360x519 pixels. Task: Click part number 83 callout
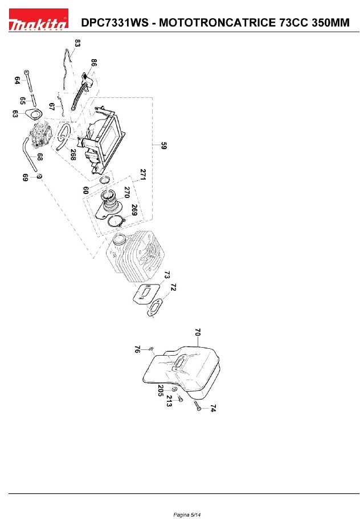[77, 43]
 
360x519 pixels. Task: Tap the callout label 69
[25, 178]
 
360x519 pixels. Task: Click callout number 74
[213, 409]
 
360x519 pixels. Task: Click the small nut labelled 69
[39, 177]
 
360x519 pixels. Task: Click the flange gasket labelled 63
[38, 115]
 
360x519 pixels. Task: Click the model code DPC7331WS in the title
[117, 23]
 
